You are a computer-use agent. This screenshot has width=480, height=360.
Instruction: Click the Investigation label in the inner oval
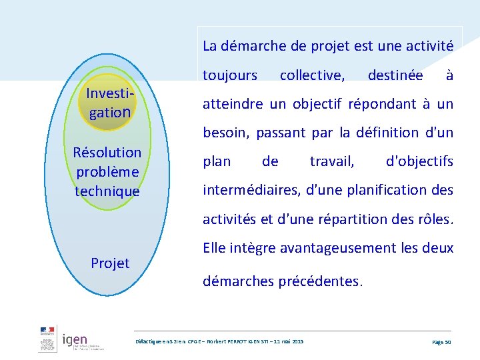[x=111, y=103]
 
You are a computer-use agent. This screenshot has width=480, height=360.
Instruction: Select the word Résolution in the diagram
[x=107, y=153]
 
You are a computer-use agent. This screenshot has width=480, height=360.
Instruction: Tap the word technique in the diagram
[x=107, y=191]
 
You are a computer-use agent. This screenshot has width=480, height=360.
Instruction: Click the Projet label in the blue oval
[x=110, y=263]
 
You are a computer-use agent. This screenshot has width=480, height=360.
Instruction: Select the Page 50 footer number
[x=441, y=341]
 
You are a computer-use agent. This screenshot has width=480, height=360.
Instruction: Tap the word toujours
[x=229, y=75]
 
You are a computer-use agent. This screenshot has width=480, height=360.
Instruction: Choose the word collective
[x=312, y=75]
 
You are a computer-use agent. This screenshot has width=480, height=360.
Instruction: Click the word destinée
[x=395, y=75]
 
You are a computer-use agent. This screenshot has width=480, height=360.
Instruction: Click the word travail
[x=332, y=161]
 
